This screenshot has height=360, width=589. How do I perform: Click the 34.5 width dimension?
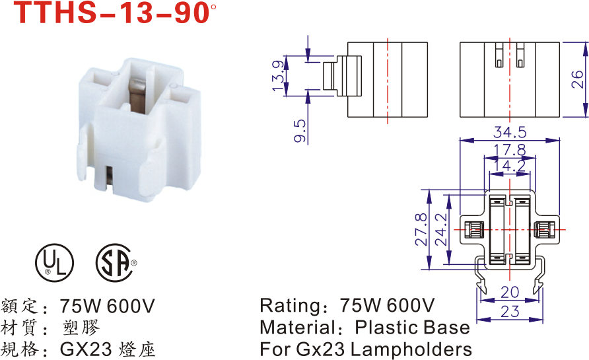[509, 132]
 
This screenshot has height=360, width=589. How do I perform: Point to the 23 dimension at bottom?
[509, 312]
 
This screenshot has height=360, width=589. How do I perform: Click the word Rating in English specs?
[290, 306]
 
